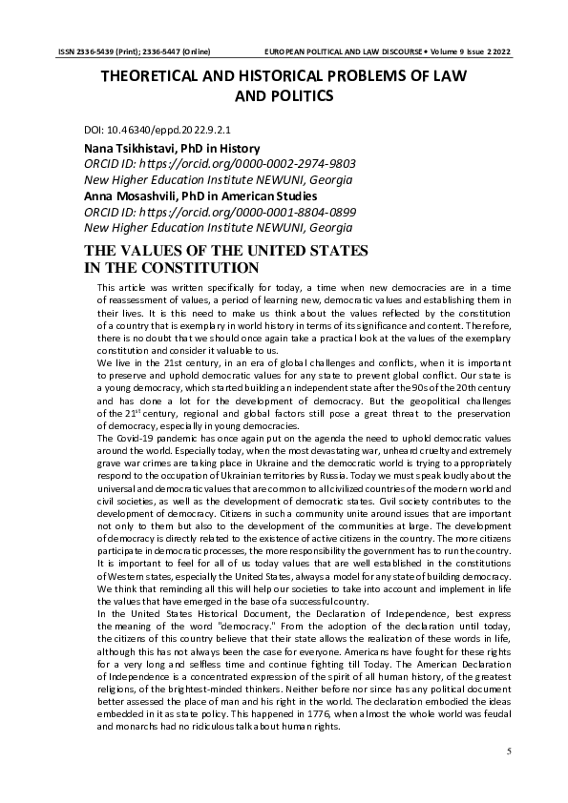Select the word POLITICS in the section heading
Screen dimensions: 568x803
click(300, 95)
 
